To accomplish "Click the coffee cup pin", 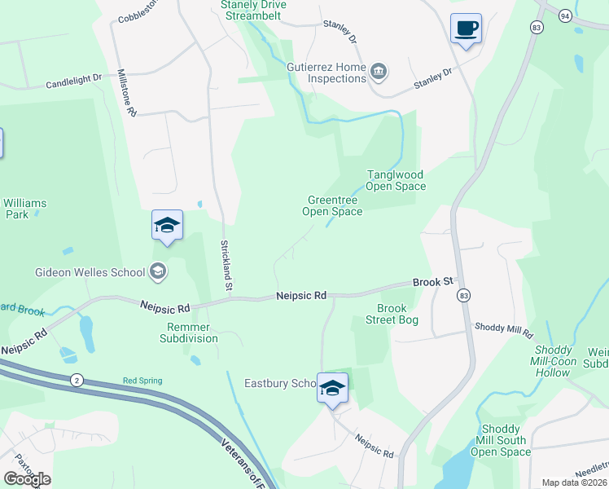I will coord(466,29).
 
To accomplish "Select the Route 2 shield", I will coord(76,380).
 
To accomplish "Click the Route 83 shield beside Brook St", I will coord(463,294).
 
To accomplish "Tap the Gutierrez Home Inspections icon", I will coord(379,72).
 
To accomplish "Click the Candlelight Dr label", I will coord(73,83).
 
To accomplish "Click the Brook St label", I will coord(432,282).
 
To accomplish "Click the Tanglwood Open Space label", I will coord(396,180).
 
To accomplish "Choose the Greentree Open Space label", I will coord(332,205).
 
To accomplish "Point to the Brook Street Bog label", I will coord(397,314).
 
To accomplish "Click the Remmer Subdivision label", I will coord(189,333).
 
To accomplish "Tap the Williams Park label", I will coord(25,209).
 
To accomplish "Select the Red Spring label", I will coord(142,381).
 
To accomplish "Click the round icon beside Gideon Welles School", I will coord(158,272).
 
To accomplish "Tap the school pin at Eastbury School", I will coord(332,388).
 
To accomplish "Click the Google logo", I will coord(27,479).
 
